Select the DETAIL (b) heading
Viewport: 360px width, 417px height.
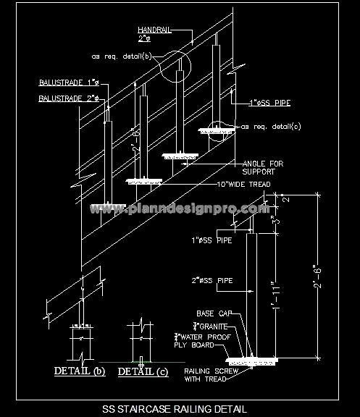point(80,371)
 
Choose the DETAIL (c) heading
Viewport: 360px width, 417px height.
point(142,371)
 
